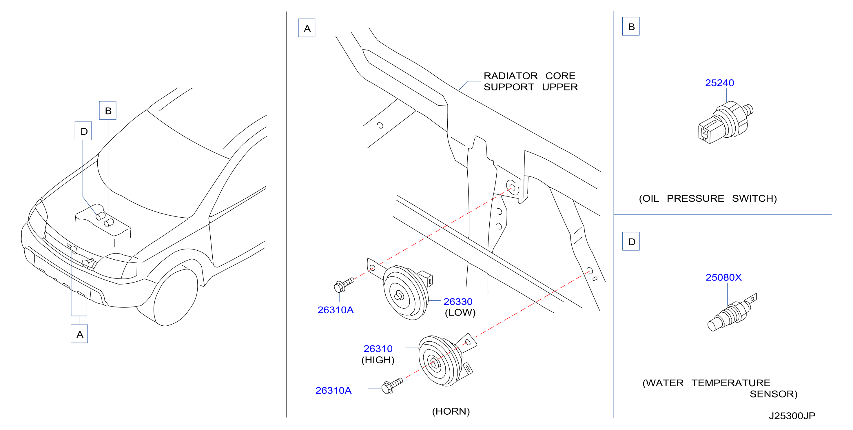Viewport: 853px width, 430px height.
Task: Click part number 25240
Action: point(719,83)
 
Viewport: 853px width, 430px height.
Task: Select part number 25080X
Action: point(723,277)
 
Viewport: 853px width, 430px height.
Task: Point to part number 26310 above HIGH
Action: point(378,349)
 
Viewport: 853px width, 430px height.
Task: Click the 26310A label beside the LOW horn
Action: point(336,310)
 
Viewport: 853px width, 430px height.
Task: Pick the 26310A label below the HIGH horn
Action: point(333,391)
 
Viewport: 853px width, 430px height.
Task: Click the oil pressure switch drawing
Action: point(725,123)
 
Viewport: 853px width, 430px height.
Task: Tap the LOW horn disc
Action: point(406,293)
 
